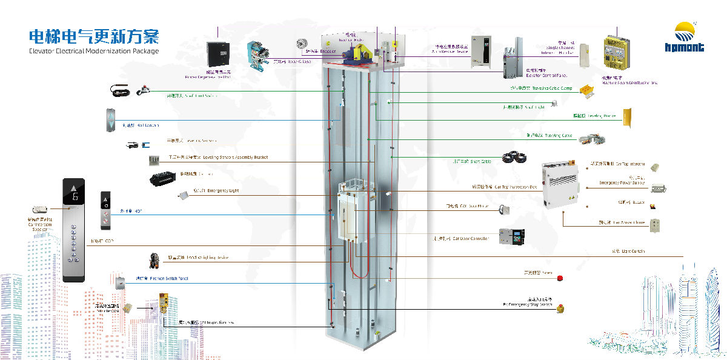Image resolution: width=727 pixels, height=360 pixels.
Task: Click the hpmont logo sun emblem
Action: pos(689,30)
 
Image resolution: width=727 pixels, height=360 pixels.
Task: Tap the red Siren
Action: pos(560,278)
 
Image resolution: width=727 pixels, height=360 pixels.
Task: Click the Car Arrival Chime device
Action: pos(654,225)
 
